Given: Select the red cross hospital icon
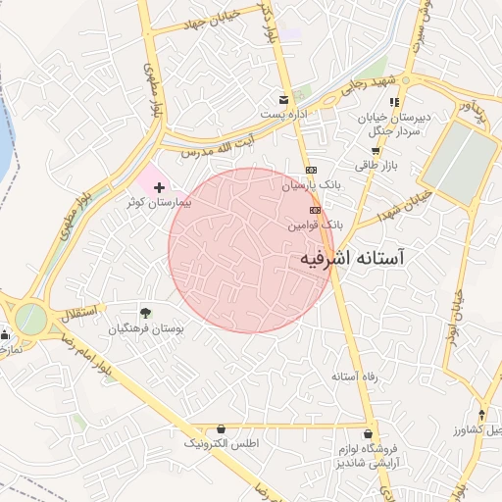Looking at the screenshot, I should click(x=160, y=185).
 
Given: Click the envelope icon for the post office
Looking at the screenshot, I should click(x=283, y=100).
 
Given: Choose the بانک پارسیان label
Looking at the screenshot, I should click(x=313, y=183).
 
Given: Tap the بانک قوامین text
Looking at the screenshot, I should click(x=315, y=225).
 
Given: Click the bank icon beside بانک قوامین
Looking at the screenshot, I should click(x=315, y=210).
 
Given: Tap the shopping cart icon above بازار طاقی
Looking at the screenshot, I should click(x=375, y=151).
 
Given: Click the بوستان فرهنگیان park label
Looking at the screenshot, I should click(x=146, y=327).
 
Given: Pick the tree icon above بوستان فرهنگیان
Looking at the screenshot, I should click(x=146, y=313).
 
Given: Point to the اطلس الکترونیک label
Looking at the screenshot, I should click(x=222, y=444).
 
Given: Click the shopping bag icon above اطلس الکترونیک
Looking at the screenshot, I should click(x=222, y=429).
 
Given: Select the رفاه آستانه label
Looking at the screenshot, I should click(x=354, y=376).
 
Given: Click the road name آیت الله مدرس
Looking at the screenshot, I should click(x=208, y=149).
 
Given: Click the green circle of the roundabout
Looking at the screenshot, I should click(x=30, y=319).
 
